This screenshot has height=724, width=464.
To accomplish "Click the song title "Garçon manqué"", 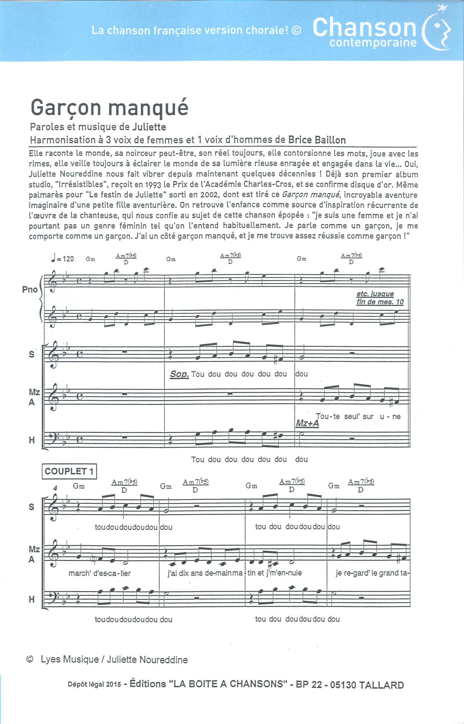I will pos(109,108).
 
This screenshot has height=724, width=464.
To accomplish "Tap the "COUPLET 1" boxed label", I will pos(69,471).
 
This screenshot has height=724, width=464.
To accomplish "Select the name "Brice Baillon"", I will pos(317,140).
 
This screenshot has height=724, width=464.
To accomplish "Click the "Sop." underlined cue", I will pos(179,374).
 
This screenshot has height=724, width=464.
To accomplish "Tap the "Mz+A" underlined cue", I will pos(307,423).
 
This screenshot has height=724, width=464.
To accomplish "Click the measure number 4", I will pos(55,488).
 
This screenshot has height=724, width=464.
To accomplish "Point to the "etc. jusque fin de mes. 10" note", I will pos(380,298).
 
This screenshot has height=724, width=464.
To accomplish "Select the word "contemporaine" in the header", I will pos(373,43).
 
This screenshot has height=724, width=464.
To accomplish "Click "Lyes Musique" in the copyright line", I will pos(70,660).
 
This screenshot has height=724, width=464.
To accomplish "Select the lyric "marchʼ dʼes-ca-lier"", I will pos(99,573).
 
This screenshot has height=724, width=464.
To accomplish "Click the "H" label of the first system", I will pos(31,440).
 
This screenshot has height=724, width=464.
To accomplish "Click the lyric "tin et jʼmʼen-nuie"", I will pos(274,573).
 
